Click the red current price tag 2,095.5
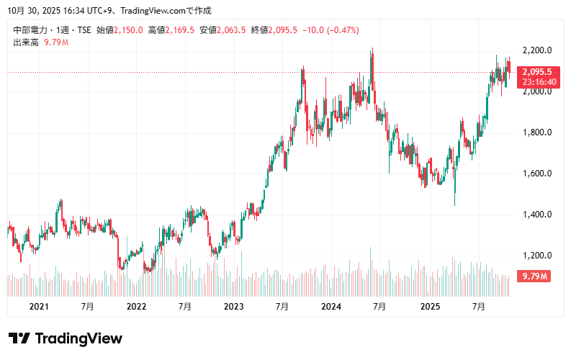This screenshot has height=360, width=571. pyautogui.click(x=537, y=72)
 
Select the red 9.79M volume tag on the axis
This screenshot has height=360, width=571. pyautogui.click(x=536, y=276)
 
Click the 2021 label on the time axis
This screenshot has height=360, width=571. pyautogui.click(x=39, y=307)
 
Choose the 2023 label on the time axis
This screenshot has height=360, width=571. pyautogui.click(x=234, y=307)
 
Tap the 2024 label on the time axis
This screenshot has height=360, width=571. pyautogui.click(x=331, y=307)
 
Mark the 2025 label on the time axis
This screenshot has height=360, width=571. pyautogui.click(x=430, y=307)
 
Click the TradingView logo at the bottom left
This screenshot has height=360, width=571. pyautogui.click(x=66, y=338)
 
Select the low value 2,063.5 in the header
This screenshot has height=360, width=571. pyautogui.click(x=232, y=30)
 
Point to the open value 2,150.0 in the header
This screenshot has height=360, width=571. pyautogui.click(x=129, y=30)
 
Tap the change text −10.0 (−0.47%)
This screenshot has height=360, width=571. pyautogui.click(x=331, y=30)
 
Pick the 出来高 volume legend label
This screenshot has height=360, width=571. pyautogui.click(x=26, y=42)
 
